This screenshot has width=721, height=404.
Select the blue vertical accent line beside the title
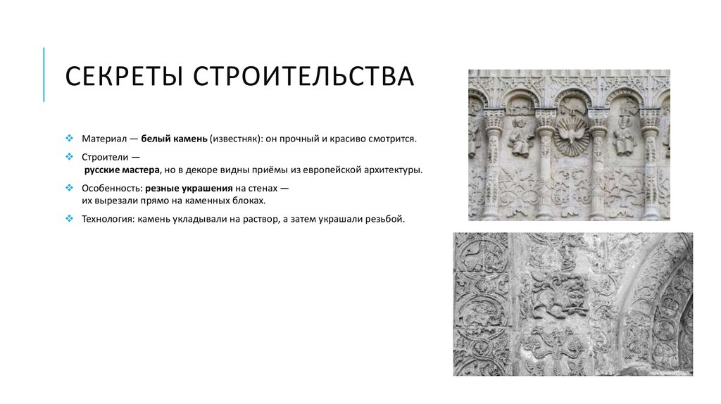point(44,75)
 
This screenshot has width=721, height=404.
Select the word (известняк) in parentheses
point(234,139)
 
